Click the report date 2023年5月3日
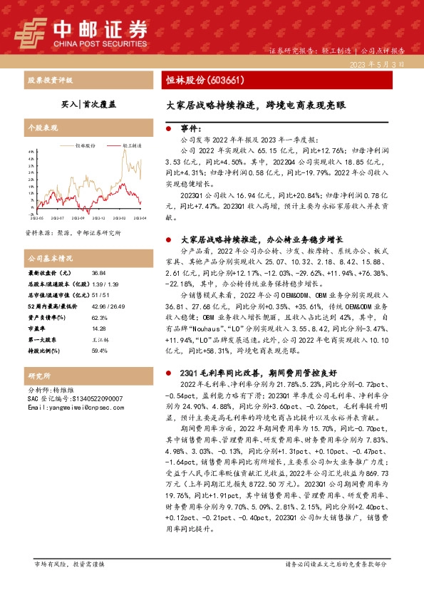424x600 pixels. (383, 64)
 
